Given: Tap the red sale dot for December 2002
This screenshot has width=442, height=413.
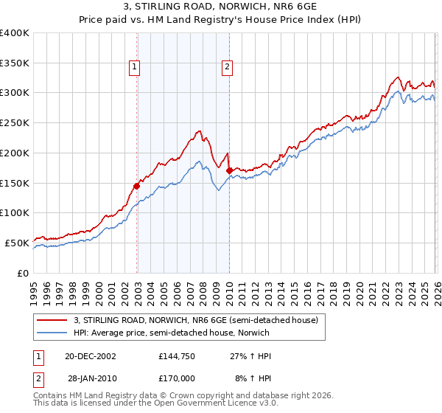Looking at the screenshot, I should coord(137,186).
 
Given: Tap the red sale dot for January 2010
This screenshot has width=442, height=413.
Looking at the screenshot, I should coord(229,171).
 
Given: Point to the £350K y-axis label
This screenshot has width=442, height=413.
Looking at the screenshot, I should coord(15,63).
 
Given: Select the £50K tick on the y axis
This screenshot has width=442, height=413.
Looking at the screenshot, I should coord(17,243).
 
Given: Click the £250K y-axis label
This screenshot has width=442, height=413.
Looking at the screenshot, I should coord(15,123).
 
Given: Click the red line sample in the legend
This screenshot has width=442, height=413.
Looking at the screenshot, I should coord(52,320).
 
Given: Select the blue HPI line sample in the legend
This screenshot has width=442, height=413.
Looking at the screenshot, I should coord(52,333).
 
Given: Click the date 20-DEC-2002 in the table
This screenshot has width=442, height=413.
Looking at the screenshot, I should coord(90,356).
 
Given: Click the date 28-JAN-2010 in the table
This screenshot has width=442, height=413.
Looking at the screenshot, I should coord(90,378).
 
